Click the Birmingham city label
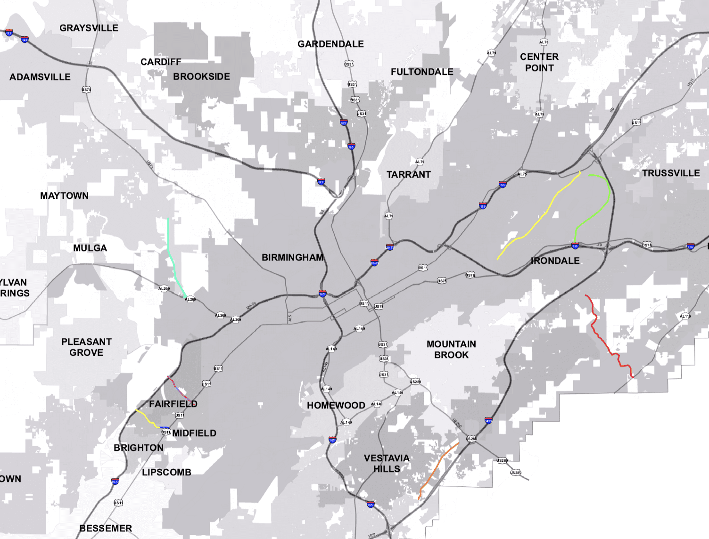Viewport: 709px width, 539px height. point(292,257)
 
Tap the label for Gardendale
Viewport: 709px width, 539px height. point(330,44)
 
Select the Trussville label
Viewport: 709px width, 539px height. point(671,173)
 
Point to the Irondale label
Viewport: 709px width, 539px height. point(555,261)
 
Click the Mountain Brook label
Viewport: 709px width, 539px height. point(451,350)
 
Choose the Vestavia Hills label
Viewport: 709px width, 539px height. point(387,463)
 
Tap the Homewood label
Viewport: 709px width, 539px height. point(336,405)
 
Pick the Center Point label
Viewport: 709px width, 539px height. point(539,62)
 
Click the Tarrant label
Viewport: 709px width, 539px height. point(409,174)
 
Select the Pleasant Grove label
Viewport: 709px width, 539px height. point(86,347)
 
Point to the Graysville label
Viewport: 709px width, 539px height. point(89,28)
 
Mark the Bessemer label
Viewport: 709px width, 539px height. point(106,528)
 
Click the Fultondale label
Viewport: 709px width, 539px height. point(422,72)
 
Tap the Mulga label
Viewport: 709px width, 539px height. point(90,248)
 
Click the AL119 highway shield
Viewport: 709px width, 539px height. point(685,316)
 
